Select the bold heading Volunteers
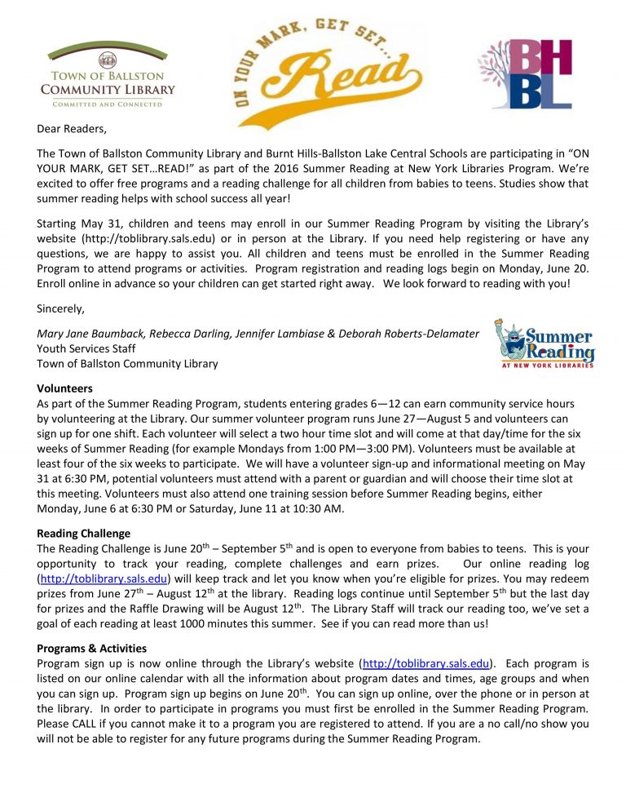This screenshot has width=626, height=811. click(x=65, y=388)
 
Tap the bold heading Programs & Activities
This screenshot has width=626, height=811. click(x=92, y=648)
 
